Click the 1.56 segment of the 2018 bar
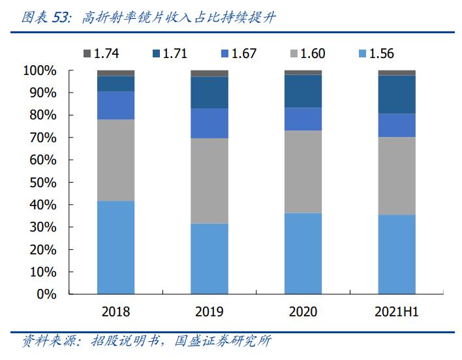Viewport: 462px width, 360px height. [x=116, y=247]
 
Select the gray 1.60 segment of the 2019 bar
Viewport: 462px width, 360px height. [x=209, y=181]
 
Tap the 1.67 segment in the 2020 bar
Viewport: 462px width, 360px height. [x=303, y=119]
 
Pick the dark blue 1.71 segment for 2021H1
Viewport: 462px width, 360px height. [x=397, y=95]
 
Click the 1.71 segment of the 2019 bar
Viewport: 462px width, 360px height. [x=209, y=93]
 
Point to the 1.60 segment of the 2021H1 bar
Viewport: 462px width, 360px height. [x=397, y=175]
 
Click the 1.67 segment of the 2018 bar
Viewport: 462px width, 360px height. [x=116, y=105]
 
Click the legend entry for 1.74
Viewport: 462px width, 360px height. [x=100, y=54]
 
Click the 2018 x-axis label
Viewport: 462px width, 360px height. [x=116, y=312]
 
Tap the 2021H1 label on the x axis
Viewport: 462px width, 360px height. [x=397, y=312]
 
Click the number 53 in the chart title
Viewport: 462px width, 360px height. [x=59, y=18]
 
